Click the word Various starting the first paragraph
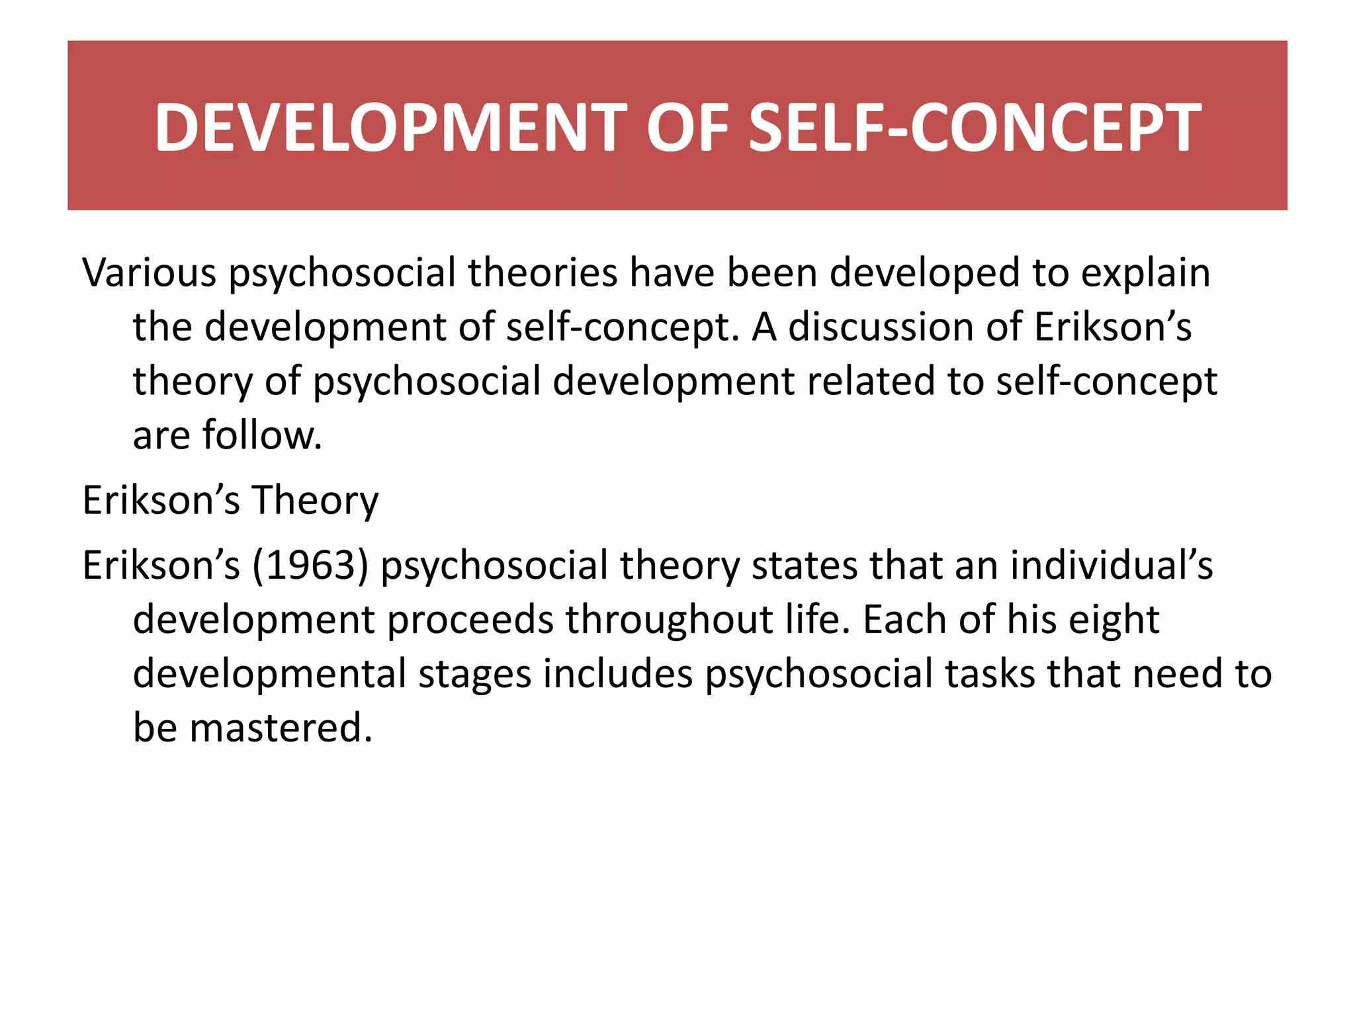[149, 273]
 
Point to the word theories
[543, 273]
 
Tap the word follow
[262, 435]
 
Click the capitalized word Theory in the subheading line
[315, 500]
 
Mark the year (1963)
[310, 566]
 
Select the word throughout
[670, 620]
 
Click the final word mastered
[281, 728]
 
